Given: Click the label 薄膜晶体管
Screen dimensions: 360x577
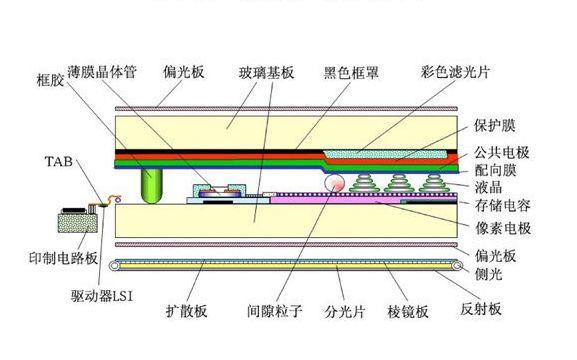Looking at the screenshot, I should [102, 72].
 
